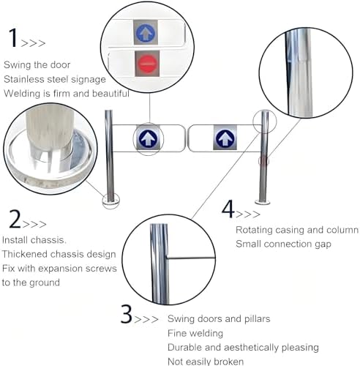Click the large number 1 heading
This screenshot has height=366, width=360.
pos(13,38)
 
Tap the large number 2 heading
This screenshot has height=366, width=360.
pos(14,219)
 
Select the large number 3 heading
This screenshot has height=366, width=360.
pos(127,316)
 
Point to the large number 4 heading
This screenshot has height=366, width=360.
pos(228,210)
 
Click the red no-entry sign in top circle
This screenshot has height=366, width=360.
pos(146,62)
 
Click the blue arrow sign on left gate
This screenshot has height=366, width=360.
pos(147,138)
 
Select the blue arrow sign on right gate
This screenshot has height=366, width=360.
pos(225,137)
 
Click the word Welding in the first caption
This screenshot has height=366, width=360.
pos(22,93)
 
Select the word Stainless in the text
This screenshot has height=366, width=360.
pos(23,79)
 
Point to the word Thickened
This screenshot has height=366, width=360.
pos(26,254)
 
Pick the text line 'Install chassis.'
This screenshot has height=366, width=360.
pos(34,240)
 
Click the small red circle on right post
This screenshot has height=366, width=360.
pos(264,160)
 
